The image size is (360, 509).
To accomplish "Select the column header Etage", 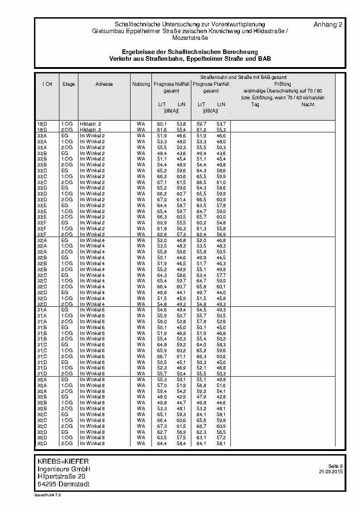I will click(x=69, y=84).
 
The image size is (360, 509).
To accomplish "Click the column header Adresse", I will click(x=104, y=84).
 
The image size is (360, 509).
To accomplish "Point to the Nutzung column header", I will click(x=141, y=84).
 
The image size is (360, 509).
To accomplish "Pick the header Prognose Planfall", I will click(x=211, y=84).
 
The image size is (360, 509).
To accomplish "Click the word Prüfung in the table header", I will click(x=282, y=84).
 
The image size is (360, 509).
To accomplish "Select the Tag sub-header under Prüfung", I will click(x=255, y=105).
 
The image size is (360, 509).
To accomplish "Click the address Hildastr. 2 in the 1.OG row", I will click(x=91, y=124).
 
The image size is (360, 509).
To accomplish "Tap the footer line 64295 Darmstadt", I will click(x=63, y=484).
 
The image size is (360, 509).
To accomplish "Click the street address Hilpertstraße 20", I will click(x=61, y=476).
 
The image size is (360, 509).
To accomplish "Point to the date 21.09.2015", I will click(x=331, y=472).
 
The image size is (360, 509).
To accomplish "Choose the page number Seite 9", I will click(x=335, y=466).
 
